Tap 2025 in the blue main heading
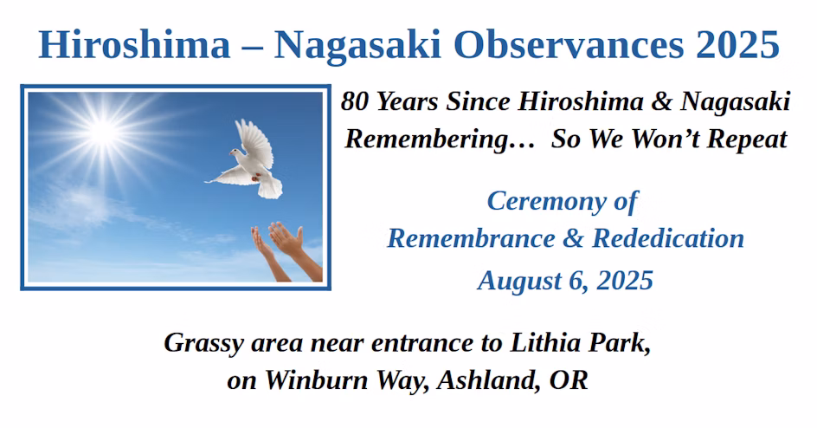[x=737, y=44]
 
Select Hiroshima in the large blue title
[x=134, y=44]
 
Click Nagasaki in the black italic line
[x=735, y=102]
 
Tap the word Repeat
[x=746, y=139]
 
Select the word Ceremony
[x=547, y=202]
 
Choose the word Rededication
[x=668, y=238]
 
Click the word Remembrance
[x=472, y=238]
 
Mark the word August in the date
[x=519, y=282]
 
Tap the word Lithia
[x=545, y=342]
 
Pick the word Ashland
[x=488, y=380]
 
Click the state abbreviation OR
[x=569, y=380]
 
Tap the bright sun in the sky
[x=104, y=132]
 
